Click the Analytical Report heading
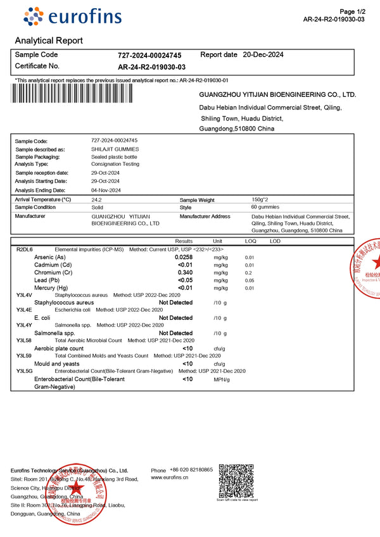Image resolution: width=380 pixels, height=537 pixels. tap(49, 41)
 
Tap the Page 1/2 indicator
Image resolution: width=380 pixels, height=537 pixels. tap(352, 11)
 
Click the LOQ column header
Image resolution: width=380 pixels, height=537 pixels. tap(251, 241)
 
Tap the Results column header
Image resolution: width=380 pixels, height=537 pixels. tap(184, 241)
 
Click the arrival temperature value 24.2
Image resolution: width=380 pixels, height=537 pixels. tap(96, 199)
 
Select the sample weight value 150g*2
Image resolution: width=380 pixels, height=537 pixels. tap(262, 199)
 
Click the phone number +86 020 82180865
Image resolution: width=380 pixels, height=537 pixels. tap(191, 470)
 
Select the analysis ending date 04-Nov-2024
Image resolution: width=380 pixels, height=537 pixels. tap(106, 190)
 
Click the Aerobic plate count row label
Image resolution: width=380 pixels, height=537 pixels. tap(59, 348)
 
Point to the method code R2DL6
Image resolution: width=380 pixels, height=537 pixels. tap(24, 250)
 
